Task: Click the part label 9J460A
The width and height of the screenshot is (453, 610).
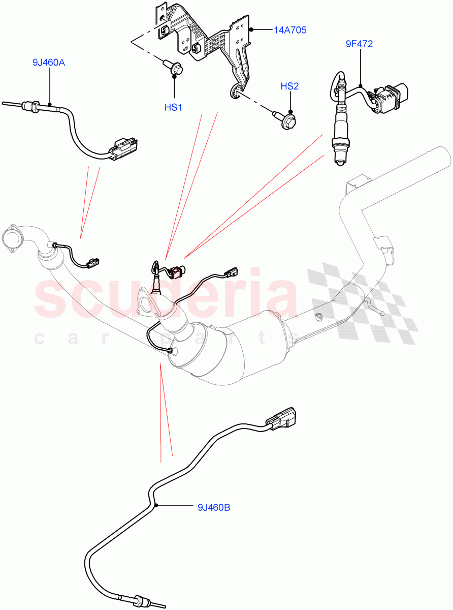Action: click(x=49, y=63)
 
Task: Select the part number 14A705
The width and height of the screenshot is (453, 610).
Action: click(x=290, y=30)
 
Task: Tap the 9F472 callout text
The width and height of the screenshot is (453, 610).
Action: click(x=359, y=44)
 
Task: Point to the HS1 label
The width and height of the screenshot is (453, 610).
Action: click(x=173, y=108)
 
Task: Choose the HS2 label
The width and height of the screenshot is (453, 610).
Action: click(x=289, y=86)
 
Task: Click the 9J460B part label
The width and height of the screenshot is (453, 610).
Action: click(x=213, y=507)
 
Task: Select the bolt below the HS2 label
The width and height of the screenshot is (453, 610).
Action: click(x=287, y=120)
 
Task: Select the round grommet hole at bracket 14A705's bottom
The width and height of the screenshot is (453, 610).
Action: click(x=235, y=91)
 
